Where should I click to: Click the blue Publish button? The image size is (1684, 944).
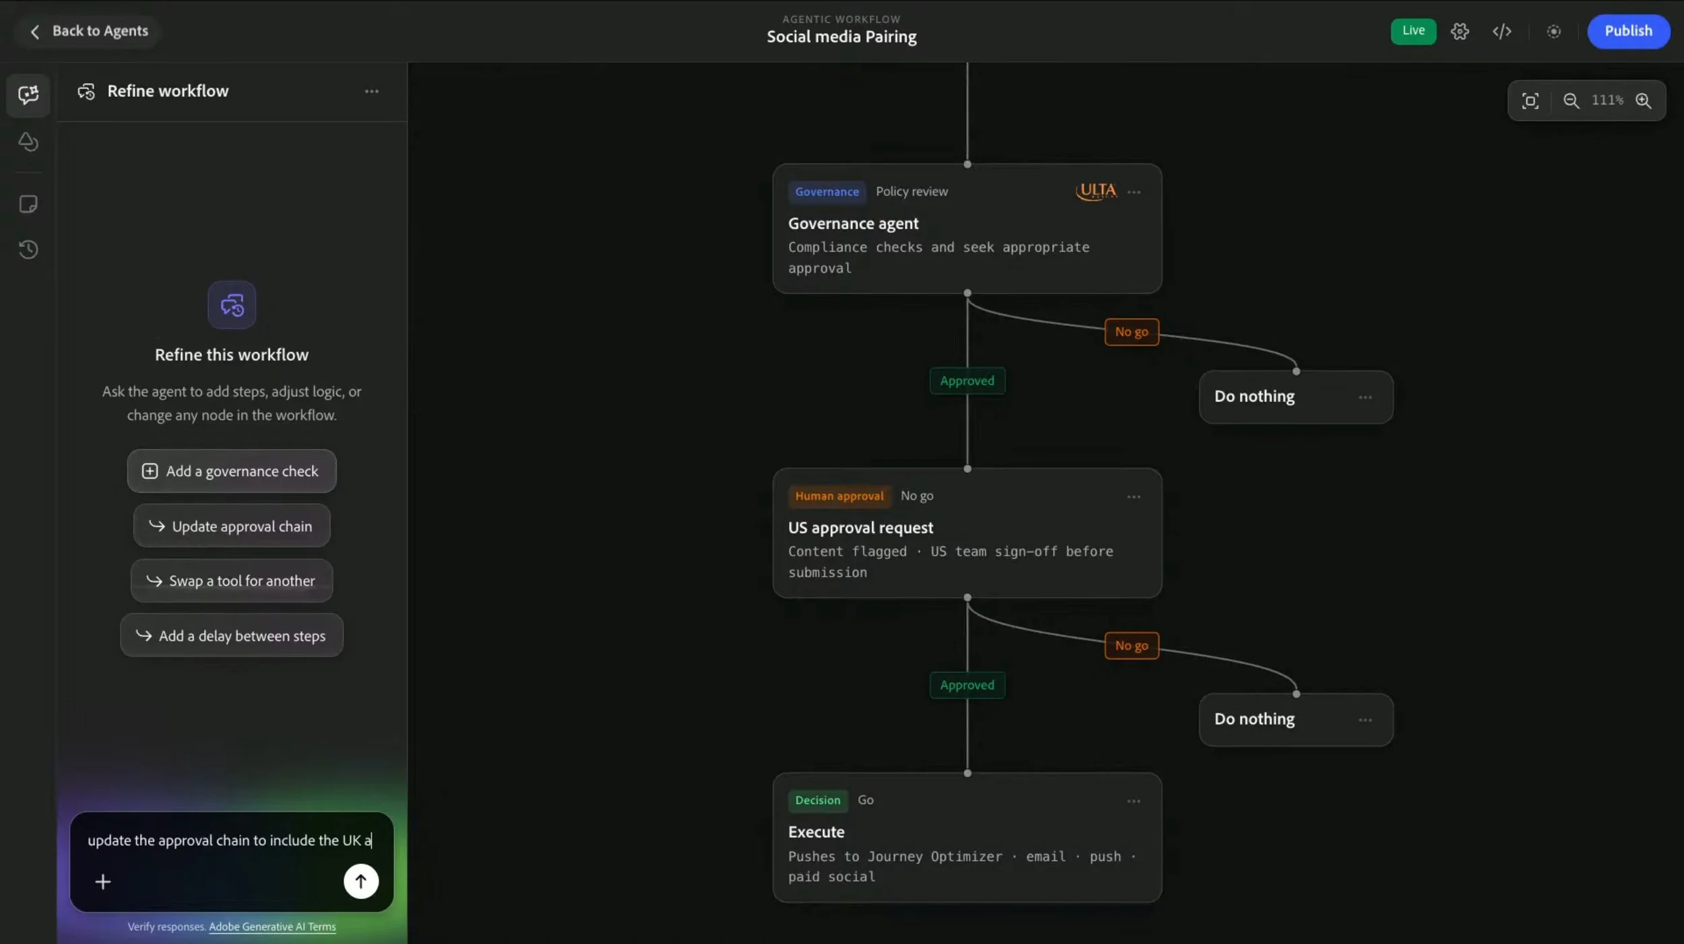[1628, 31]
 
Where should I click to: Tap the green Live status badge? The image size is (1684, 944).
[1413, 31]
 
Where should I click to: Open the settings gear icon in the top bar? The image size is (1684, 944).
[1460, 32]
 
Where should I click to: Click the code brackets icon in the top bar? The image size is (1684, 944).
[1501, 32]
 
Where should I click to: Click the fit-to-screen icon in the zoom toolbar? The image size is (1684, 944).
[1530, 101]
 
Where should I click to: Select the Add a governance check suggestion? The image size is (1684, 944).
[232, 471]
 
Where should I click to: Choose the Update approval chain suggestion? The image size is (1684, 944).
[232, 526]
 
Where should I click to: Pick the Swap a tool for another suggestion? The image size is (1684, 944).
[232, 580]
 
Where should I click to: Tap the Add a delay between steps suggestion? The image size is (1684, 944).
[232, 636]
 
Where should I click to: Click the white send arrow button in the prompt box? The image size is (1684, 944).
[361, 881]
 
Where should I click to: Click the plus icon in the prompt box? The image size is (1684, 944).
[103, 881]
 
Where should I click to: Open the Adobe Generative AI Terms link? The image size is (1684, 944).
[272, 926]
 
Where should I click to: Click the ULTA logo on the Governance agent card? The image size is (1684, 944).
[1096, 191]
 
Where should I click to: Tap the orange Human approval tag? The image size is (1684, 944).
[839, 496]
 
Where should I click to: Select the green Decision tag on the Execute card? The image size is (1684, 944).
[818, 800]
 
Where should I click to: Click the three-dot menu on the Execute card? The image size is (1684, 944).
[1134, 801]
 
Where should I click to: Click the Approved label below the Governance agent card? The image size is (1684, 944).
[967, 381]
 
